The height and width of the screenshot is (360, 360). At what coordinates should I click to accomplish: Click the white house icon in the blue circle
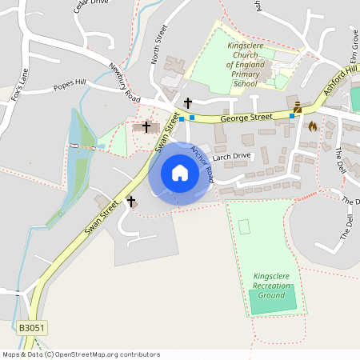[x=180, y=173]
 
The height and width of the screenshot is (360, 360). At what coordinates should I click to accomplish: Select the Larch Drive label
[x=232, y=157]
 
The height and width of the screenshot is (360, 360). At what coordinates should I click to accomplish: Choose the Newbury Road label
[x=124, y=82]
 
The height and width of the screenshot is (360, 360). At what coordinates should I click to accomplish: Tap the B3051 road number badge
[x=31, y=328]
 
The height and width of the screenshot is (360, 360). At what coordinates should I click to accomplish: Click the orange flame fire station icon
[x=313, y=126]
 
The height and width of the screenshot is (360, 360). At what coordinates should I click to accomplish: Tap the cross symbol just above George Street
[x=188, y=102]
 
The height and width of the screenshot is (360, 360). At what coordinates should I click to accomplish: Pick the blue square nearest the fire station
[x=292, y=115]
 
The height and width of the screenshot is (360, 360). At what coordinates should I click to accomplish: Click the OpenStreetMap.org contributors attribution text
[x=107, y=354]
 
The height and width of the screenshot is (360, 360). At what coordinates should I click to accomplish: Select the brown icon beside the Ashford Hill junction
[x=298, y=107]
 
